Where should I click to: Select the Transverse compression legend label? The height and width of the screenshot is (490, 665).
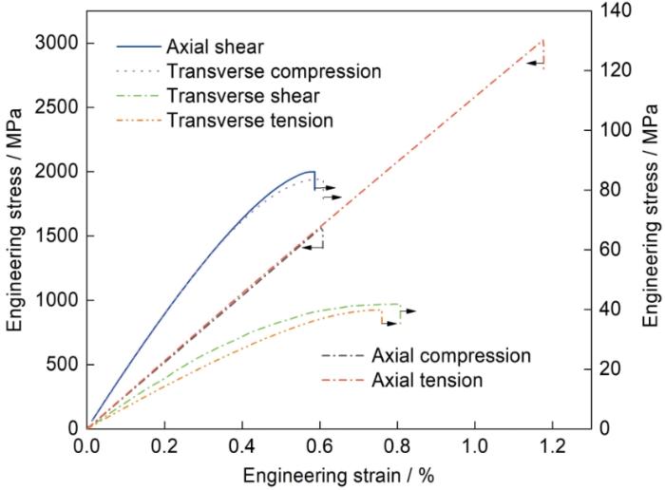[273, 71]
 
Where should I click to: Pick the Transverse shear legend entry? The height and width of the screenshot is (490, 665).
[242, 95]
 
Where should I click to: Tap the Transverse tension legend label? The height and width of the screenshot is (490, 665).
[249, 120]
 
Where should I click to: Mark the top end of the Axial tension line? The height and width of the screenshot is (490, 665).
[543, 40]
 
